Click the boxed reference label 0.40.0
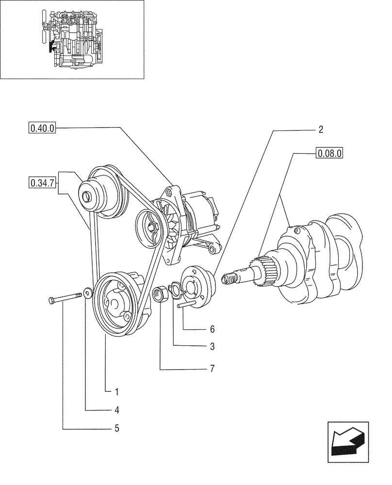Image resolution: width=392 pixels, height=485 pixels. point(43,129)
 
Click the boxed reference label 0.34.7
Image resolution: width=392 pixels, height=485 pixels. point(43,183)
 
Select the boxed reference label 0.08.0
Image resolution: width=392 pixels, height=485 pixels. point(329,154)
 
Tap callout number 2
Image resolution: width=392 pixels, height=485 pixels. point(321,129)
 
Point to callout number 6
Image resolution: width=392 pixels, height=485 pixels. point(212,329)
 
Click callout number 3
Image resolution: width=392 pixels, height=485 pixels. point(212,347)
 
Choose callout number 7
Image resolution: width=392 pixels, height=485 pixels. point(212,369)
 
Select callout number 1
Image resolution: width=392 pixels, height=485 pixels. point(117,390)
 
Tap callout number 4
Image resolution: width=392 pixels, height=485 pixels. point(117,410)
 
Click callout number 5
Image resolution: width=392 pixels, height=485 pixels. point(117,428)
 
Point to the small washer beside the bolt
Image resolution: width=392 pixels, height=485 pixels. point(87,293)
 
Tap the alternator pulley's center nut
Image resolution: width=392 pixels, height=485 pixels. point(152,226)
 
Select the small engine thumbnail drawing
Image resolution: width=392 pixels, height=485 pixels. point(73,39)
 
